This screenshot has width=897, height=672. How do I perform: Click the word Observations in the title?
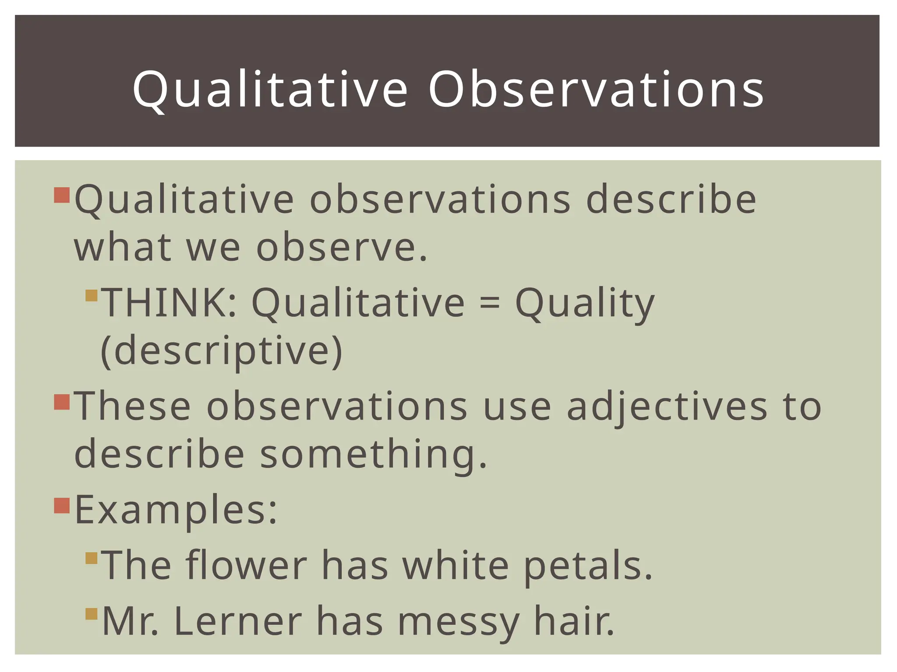tap(596, 90)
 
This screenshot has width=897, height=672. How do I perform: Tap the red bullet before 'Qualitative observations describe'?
tap(62, 195)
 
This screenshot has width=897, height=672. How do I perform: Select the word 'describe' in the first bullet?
tap(671, 199)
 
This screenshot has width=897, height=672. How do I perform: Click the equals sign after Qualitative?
tap(489, 303)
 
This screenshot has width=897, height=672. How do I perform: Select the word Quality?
tap(585, 303)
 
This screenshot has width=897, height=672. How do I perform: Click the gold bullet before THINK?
tap(92, 296)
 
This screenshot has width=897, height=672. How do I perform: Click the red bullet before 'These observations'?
tap(62, 402)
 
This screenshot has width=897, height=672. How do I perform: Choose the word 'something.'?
tap(374, 454)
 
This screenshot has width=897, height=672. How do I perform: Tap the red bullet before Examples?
tap(62, 506)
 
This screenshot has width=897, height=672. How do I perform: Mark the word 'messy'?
tap(458, 622)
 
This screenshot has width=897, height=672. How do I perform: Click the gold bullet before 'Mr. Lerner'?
tap(92, 614)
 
